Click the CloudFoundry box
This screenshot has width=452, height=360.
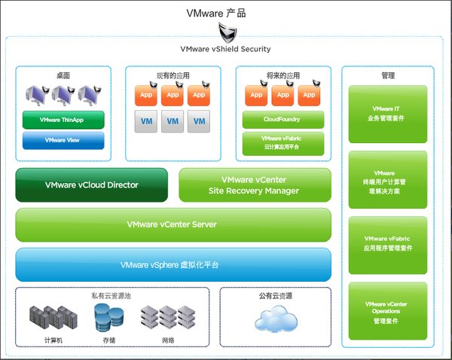(283, 119)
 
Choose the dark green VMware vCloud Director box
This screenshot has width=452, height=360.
(91, 185)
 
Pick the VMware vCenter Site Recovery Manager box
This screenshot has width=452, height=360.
(254, 185)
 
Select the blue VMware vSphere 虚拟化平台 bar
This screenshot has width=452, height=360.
(173, 265)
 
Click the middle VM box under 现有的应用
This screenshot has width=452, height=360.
(173, 121)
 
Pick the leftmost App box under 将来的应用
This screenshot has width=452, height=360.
(256, 96)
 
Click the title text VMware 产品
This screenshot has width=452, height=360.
(226, 13)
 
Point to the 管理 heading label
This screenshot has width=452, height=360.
(388, 75)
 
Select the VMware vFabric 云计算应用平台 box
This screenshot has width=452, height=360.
(283, 143)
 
